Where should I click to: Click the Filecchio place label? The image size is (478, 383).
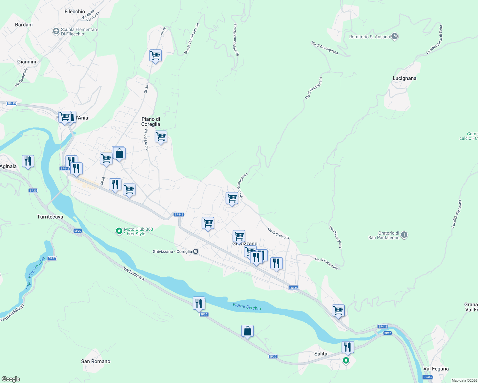click(75, 11)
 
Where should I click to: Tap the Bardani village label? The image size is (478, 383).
click(24, 25)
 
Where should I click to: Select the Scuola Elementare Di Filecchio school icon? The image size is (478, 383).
click(56, 31)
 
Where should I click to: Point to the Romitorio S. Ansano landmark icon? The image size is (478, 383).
click(395, 37)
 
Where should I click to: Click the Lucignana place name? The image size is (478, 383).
click(404, 78)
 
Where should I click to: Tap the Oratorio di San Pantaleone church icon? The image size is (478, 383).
click(404, 235)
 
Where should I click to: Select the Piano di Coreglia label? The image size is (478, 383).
click(151, 122)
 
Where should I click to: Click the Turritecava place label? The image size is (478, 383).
click(50, 217)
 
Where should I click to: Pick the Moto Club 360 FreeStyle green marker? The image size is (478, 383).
click(119, 231)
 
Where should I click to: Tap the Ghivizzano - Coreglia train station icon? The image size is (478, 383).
click(196, 252)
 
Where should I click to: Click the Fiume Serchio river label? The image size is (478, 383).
click(247, 307)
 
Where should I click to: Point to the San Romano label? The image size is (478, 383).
click(96, 361)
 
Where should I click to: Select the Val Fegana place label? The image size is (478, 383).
click(436, 369)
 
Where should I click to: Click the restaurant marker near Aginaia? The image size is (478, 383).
click(28, 161)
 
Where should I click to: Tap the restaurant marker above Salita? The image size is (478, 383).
click(348, 347)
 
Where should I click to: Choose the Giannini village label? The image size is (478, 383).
click(27, 62)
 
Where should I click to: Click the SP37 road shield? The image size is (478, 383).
click(52, 258)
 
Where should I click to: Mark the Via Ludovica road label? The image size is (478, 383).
click(134, 274)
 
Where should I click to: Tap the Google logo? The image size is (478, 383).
click(11, 379)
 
